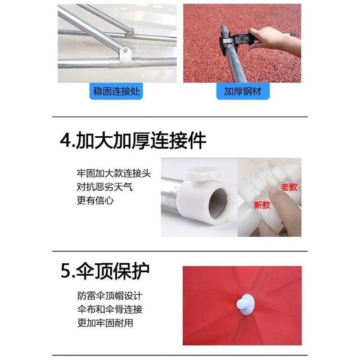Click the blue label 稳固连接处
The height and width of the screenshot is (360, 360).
pos(116,91)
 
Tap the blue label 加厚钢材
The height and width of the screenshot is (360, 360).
pos(243,91)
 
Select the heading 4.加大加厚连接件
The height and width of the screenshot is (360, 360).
pos(133,140)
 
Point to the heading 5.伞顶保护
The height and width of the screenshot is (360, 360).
pos(105,271)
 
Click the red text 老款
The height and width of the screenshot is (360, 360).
pos(289,187)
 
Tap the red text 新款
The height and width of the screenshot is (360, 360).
pos(262,205)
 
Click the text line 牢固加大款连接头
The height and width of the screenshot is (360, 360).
pos(114,173)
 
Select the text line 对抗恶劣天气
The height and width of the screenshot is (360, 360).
pos(105,187)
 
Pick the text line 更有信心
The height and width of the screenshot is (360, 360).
pos(95,200)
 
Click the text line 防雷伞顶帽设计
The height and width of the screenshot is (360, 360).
pos(110,296)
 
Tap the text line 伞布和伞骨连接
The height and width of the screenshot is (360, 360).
pos(110,309)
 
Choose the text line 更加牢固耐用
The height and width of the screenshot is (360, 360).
pos(105,323)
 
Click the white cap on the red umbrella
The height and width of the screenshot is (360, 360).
pos(246,303)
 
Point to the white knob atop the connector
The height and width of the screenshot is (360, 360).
pos(202,174)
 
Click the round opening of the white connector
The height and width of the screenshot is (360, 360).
pos(218,204)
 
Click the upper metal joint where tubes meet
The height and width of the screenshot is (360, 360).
pos(130,34)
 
